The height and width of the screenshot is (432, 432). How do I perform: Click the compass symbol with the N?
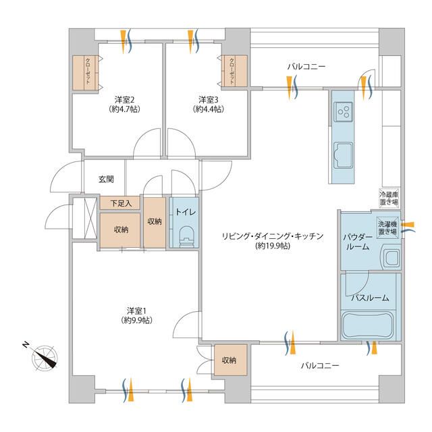coord(45,356)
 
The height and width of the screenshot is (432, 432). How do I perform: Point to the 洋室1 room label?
coord(136,315)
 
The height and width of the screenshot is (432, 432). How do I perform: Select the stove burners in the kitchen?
coord(343,109)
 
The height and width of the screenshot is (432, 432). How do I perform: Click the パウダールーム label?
coord(357,242)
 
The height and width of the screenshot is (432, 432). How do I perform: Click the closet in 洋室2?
coord(87,72)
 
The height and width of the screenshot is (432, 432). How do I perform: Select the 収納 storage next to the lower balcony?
coord(230,360)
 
